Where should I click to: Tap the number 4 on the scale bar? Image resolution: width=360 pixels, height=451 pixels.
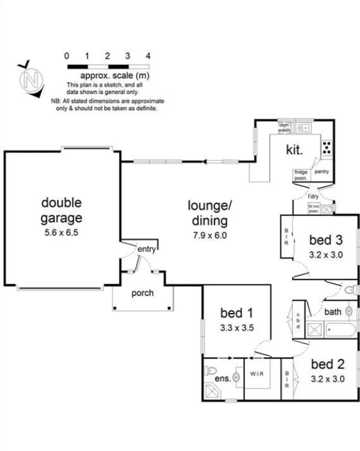pyautogui.click(x=148, y=56)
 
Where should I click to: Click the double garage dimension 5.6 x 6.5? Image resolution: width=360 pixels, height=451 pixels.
pyautogui.click(x=61, y=233)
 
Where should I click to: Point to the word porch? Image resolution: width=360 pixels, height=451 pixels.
pyautogui.click(x=142, y=293)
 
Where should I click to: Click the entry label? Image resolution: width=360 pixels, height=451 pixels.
pyautogui.click(x=146, y=249)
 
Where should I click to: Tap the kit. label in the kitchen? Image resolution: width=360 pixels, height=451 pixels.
pyautogui.click(x=294, y=150)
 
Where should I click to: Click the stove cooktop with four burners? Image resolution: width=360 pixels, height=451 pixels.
pyautogui.click(x=327, y=147)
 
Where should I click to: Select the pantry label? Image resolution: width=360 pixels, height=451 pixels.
pyautogui.click(x=322, y=172)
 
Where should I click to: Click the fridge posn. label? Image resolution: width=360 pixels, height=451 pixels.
pyautogui.click(x=301, y=175)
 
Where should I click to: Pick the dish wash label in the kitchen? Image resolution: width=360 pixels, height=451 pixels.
pyautogui.click(x=284, y=127)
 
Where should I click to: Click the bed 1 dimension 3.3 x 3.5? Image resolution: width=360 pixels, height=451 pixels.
pyautogui.click(x=237, y=328)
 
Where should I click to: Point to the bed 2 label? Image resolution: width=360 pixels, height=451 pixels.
pyautogui.click(x=328, y=364)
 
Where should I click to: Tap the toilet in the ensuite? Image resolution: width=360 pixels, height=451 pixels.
pyautogui.click(x=211, y=370)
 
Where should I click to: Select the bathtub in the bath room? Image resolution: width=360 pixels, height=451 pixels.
pyautogui.click(x=340, y=329)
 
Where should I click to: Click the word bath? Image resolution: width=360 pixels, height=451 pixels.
pyautogui.click(x=332, y=312)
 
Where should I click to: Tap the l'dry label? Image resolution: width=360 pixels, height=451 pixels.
pyautogui.click(x=313, y=196)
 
